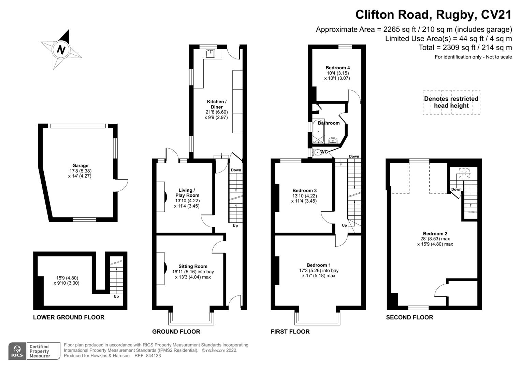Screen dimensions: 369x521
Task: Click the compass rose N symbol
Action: coord(61,50)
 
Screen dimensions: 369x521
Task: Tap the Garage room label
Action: coord(80,166)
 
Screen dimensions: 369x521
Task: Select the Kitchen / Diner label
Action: coord(216,104)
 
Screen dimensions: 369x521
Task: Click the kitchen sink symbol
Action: coord(209,53)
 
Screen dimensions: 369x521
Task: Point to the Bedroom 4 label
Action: coord(337,68)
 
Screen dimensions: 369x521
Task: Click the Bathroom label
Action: coord(329,123)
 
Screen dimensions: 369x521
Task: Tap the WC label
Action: coord(324,152)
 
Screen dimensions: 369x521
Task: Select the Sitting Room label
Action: coord(193,266)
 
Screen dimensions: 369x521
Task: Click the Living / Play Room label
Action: coord(187,193)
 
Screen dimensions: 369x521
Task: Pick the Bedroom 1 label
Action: coord(318,265)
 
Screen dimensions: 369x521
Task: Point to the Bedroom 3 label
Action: coord(304,191)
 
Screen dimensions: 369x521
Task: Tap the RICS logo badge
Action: coord(17,351)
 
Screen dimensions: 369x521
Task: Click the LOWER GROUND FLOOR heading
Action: coord(69,317)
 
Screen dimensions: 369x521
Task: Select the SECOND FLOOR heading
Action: coord(409,317)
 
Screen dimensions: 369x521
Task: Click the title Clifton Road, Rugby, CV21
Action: coord(433,15)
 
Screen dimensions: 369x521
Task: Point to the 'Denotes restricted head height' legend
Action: coord(451,102)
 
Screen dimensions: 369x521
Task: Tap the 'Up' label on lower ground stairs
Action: coord(116,297)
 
